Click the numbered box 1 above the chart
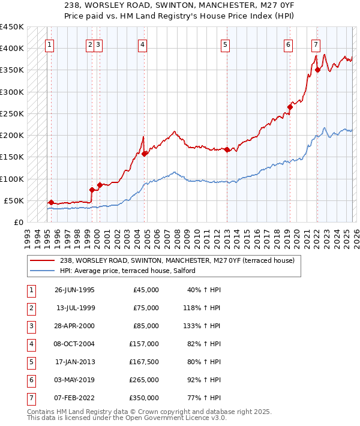tap(49, 44)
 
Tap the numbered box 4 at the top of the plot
tap(142, 44)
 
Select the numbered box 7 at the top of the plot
tap(316, 44)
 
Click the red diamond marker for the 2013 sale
tap(227, 150)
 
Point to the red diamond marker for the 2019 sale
tap(289, 107)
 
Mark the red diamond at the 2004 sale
tap(145, 154)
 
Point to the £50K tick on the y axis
tap(14, 200)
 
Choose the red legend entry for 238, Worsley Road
tap(176, 261)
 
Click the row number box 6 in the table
tap(30, 380)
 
